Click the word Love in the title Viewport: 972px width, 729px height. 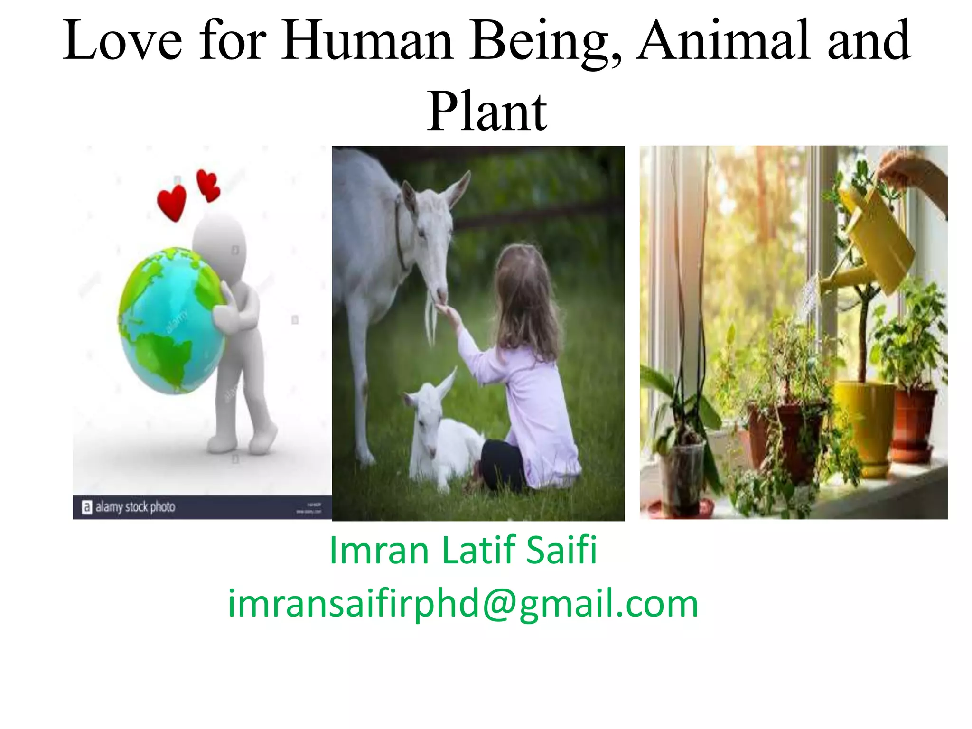click(122, 41)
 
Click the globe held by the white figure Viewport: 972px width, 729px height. click(170, 320)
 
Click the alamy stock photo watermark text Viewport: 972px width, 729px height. click(135, 507)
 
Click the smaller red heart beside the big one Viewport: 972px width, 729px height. click(208, 185)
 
